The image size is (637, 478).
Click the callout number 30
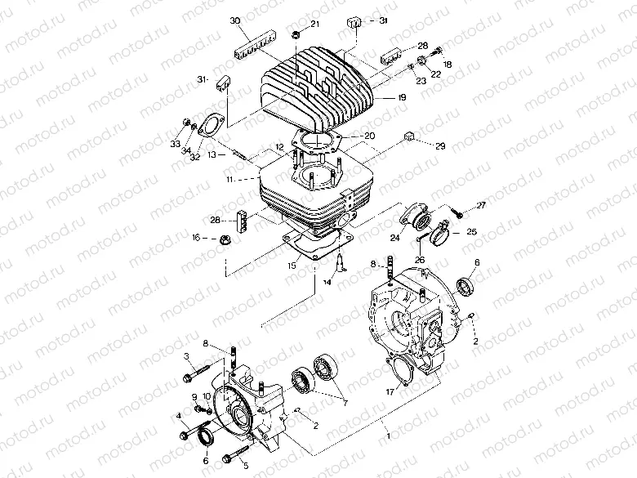[235, 20]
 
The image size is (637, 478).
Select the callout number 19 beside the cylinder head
[401, 96]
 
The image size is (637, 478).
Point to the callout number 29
[440, 146]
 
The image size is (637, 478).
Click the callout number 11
[231, 178]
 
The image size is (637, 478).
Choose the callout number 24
[394, 238]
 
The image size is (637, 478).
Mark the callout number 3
[186, 356]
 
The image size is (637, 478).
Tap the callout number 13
[211, 153]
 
